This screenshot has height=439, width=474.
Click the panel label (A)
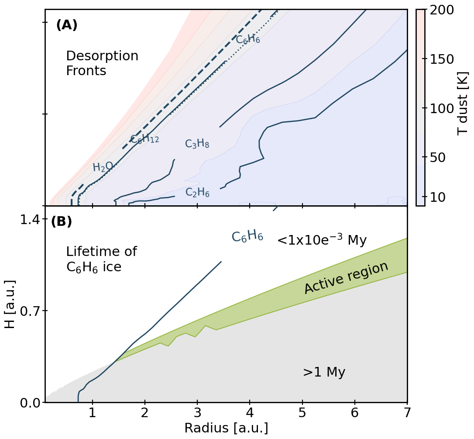[67, 25]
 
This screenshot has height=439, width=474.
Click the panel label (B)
[62, 221]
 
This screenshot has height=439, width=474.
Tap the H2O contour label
[103, 167]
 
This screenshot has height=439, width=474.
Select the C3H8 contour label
[197, 144]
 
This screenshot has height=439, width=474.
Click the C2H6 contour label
[197, 192]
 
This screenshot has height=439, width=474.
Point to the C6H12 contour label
[144, 139]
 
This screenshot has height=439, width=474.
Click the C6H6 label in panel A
[248, 39]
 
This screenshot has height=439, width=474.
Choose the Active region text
[346, 278]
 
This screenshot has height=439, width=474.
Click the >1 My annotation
[324, 373]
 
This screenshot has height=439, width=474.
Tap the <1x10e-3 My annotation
[322, 240]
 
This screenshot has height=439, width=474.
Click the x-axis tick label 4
[250, 413]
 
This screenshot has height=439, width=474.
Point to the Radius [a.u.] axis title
[226, 428]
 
